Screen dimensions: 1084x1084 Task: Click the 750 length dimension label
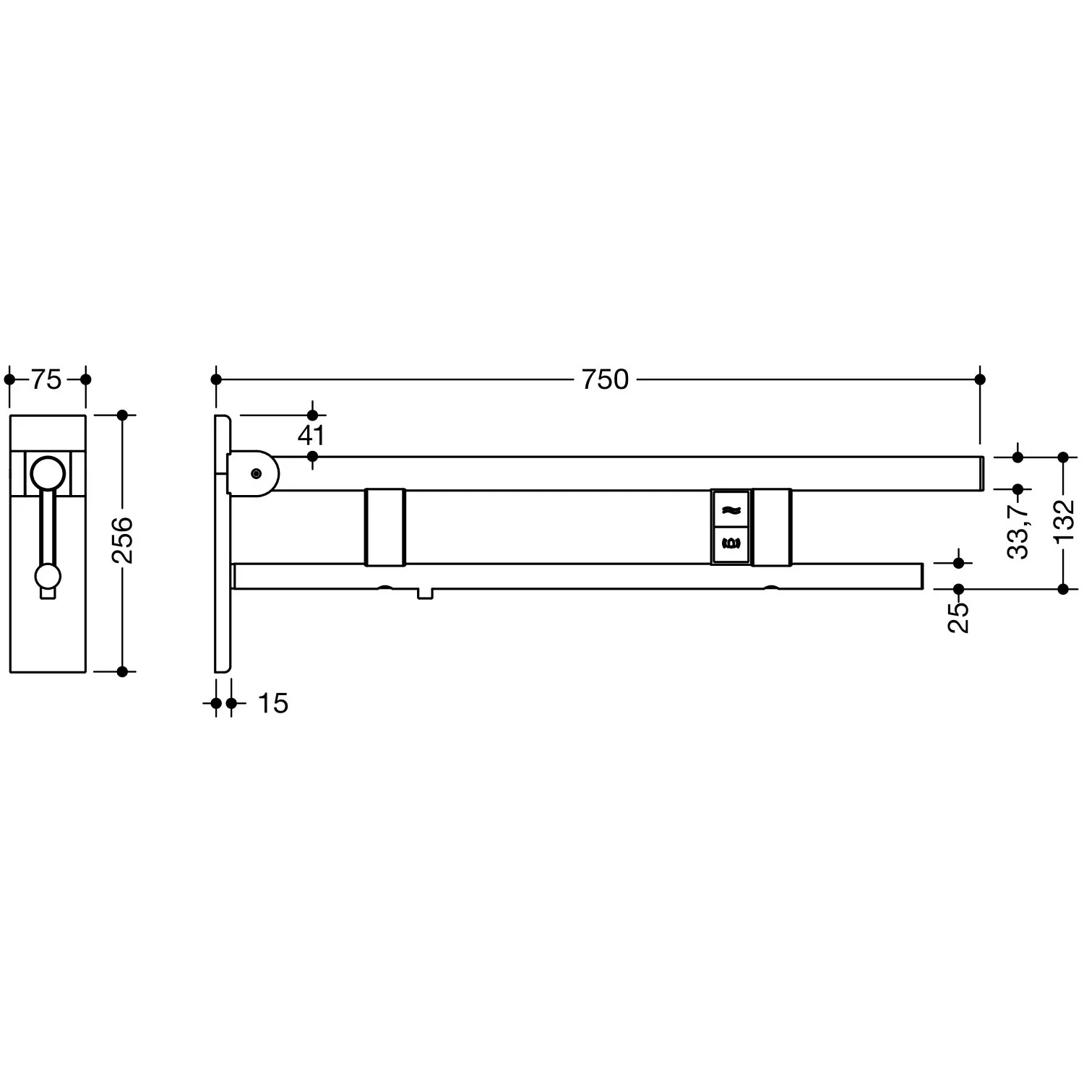(x=606, y=379)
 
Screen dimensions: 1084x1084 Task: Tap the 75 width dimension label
(x=47, y=379)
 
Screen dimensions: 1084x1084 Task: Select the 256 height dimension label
(x=122, y=540)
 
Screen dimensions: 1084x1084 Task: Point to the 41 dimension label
(x=311, y=436)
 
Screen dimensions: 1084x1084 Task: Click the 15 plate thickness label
(x=273, y=703)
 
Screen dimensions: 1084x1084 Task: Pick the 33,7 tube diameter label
(x=1018, y=531)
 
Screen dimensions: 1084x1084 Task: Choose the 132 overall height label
(x=1064, y=520)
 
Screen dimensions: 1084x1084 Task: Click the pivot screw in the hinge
(x=257, y=473)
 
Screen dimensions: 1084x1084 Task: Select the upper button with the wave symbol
(x=731, y=509)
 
